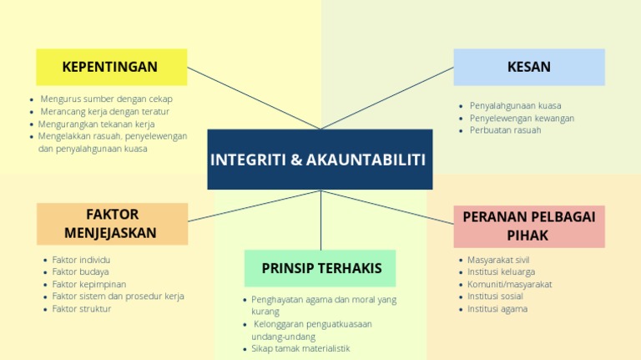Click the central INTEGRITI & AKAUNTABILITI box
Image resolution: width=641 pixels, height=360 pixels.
coord(320,159)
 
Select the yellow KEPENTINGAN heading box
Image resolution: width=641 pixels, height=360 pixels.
coord(111,67)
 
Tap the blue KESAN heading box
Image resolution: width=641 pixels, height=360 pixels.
coord(528,67)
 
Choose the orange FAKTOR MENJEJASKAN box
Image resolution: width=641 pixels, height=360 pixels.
coord(111,224)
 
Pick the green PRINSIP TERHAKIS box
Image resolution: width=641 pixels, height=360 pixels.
coord(320,268)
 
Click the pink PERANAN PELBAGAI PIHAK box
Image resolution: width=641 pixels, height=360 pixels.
coord(528,226)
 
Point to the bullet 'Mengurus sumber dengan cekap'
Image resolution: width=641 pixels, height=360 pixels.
coord(106,99)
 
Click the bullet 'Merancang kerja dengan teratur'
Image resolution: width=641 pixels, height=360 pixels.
coord(104,111)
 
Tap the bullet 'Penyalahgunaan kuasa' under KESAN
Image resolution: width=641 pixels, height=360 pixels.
coord(515,106)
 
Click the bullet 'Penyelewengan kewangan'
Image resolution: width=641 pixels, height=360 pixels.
coord(522,118)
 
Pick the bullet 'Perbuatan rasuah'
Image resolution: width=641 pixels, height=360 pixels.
coord(505,130)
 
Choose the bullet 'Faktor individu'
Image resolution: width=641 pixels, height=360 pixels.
coord(81,260)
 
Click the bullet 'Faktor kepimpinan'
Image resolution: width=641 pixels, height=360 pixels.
coord(89,284)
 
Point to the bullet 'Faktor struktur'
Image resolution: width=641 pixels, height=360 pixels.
coord(82,309)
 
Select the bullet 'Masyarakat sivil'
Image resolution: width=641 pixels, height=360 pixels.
coord(499,260)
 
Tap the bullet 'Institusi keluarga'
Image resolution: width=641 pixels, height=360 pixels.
coord(502,271)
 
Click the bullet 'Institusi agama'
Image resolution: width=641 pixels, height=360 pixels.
coord(497,309)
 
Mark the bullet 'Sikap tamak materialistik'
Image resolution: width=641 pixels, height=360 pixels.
coord(300,348)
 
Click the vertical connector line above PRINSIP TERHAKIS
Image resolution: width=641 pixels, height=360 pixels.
coord(320,221)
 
